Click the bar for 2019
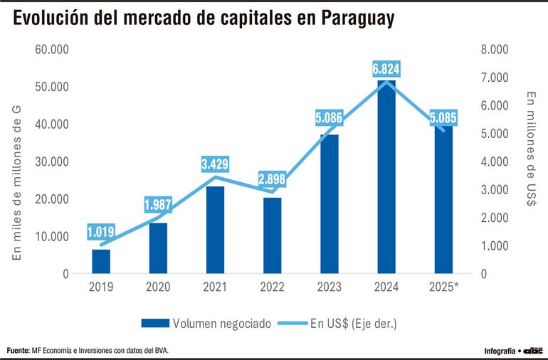(101, 261)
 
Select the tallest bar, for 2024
(386, 178)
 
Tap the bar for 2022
(273, 235)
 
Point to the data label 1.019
(101, 231)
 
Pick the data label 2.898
(273, 178)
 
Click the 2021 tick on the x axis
(215, 287)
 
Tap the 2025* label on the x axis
(444, 287)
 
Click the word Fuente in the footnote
(19, 350)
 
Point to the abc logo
(534, 350)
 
